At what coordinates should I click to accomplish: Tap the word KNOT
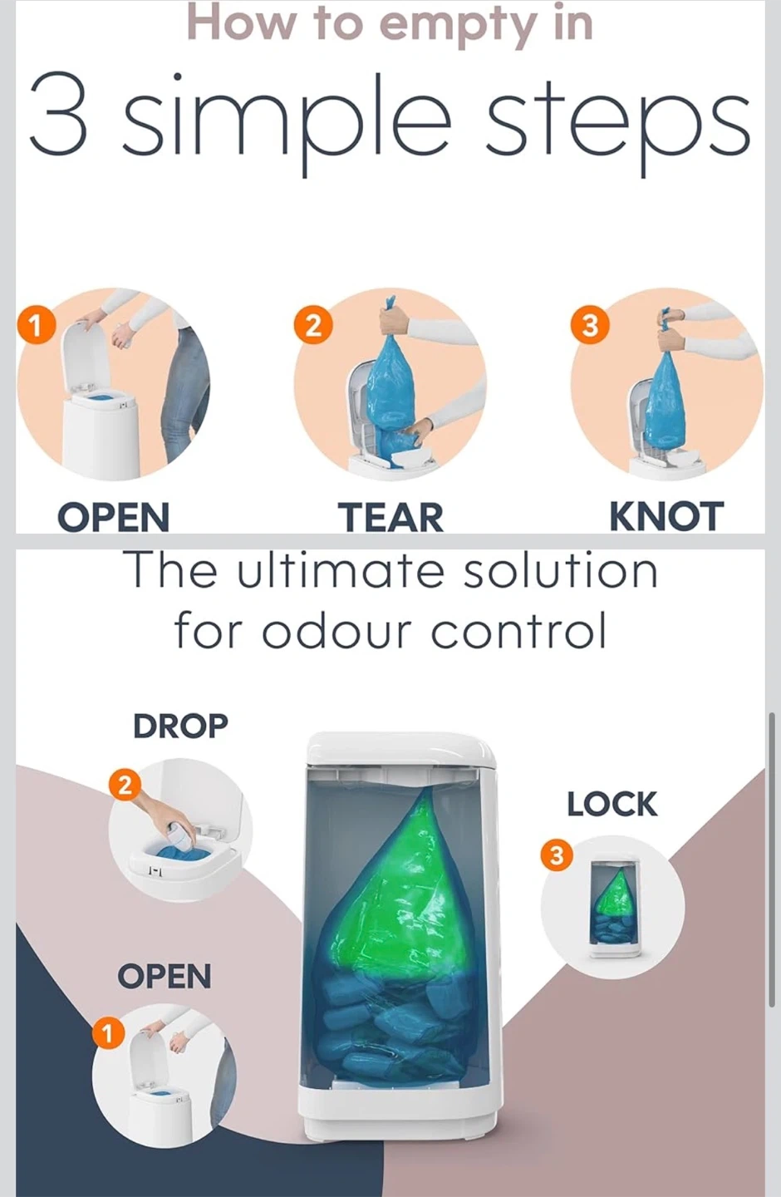pos(666,517)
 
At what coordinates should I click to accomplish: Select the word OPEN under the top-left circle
pos(113,517)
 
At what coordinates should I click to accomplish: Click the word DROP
pos(180,725)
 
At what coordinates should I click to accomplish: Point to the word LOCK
pos(612,805)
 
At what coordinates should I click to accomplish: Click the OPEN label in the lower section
pos(164,976)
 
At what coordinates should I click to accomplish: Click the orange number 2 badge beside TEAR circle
pos(313,325)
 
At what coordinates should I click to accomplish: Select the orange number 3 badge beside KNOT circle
pos(589,325)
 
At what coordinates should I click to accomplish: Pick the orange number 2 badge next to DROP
pos(125,786)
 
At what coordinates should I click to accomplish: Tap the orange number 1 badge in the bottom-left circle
pos(107,1035)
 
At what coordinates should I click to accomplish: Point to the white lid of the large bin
pos(400,749)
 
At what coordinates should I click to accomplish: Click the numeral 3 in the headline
pos(58,115)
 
